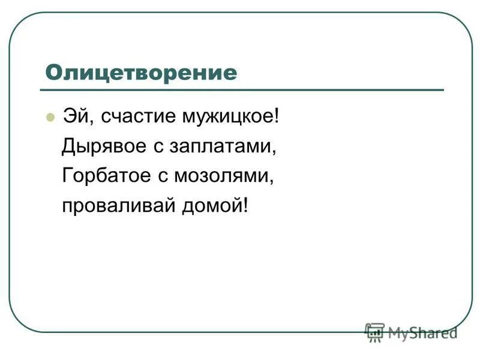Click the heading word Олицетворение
[x=141, y=73]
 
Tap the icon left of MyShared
[x=375, y=332]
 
